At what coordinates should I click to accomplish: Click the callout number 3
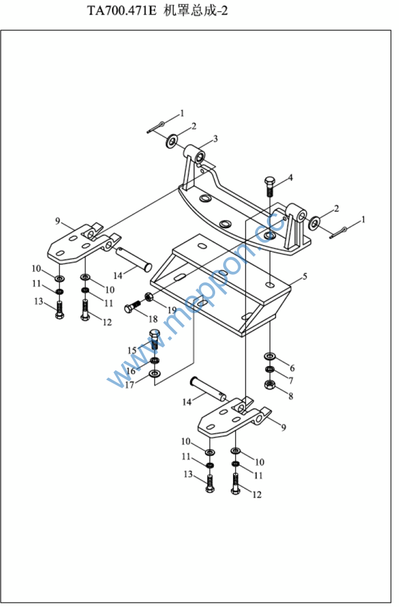pos(215,138)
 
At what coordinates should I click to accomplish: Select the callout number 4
pos(290,178)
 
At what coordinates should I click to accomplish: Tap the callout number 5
pos(305,276)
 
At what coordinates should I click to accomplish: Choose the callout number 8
pos(291,396)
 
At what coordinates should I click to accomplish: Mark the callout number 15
pos(132,350)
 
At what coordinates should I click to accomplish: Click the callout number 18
pos(153,318)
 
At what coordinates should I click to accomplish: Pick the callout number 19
pos(171,310)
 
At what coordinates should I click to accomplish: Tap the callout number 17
pos(129,385)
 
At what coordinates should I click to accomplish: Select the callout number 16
pos(131,371)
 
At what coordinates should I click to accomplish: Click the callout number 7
pos(291,381)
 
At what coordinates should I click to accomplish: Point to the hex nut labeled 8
pos(269,385)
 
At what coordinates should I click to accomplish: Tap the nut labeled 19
pos(149,297)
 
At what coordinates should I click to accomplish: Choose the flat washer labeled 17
pos(155,373)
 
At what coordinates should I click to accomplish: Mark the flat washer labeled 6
pos(269,355)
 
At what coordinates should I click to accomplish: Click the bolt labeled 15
pos(154,339)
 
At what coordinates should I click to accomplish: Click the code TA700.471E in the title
pos(122,11)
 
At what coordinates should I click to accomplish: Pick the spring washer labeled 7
pos(269,370)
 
